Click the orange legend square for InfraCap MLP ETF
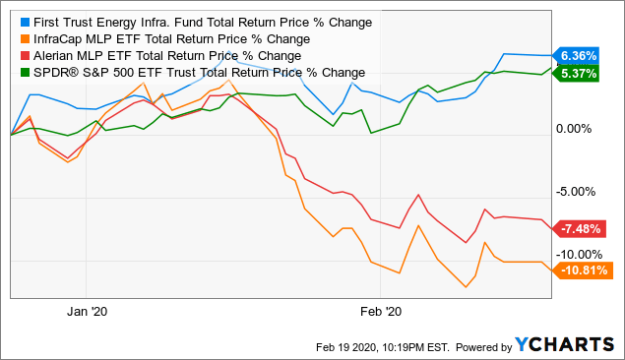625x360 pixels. click(x=20, y=37)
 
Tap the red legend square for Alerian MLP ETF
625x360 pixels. click(x=20, y=55)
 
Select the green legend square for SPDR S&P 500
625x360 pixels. click(x=20, y=72)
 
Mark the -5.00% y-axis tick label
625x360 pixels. click(x=579, y=192)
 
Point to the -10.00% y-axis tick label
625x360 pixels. click(x=581, y=254)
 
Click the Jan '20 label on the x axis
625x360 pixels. click(x=87, y=312)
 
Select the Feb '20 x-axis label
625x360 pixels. click(x=380, y=312)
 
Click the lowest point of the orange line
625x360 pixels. click(x=465, y=288)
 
